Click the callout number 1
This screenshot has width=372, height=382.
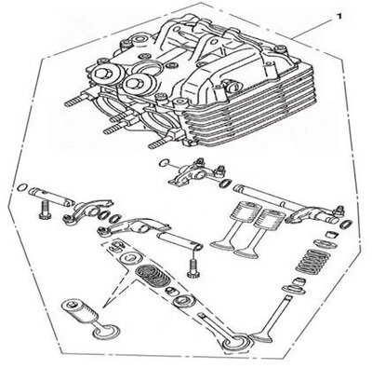(x=339, y=16)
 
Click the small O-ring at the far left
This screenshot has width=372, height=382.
(x=22, y=187)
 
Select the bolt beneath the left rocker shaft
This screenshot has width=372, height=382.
(x=44, y=211)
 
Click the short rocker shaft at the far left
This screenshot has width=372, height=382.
(x=50, y=197)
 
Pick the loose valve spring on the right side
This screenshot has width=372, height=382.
(x=312, y=260)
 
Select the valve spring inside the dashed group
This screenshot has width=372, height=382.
(x=153, y=275)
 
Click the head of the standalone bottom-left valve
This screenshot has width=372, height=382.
(x=106, y=332)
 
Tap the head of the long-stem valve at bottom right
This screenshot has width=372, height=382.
(x=262, y=337)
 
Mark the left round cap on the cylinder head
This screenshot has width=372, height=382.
(x=104, y=75)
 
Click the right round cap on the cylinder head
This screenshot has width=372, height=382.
(x=138, y=83)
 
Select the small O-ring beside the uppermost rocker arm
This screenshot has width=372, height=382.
(x=165, y=162)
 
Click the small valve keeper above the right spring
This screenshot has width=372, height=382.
(x=331, y=235)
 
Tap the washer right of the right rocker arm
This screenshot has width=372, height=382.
(x=346, y=224)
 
